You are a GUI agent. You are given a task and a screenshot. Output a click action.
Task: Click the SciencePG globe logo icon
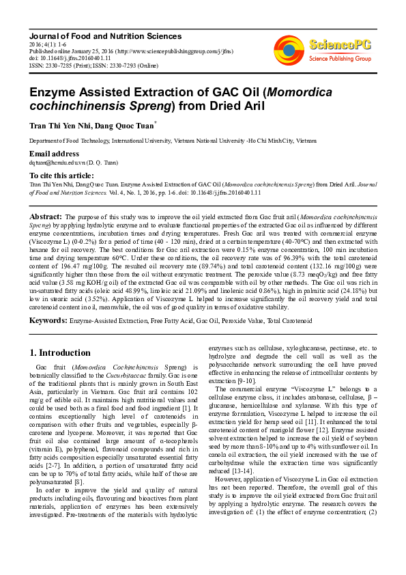pos(289,50)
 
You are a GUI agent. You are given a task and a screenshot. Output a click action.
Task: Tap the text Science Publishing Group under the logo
pos(340,59)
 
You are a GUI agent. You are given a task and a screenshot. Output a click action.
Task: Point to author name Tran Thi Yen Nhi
pos(58,126)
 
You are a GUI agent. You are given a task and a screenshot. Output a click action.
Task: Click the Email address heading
pos(54,154)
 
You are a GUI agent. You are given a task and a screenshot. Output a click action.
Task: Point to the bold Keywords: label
pos(48,320)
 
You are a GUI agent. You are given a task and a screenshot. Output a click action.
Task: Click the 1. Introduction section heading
pos(61,353)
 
